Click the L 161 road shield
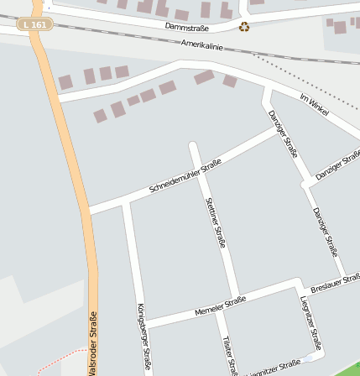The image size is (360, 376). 34,24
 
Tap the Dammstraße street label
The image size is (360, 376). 186,27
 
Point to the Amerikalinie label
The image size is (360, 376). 202,44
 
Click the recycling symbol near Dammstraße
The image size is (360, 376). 244,27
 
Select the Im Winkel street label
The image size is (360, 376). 314,104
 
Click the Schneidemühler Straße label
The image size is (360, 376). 185,175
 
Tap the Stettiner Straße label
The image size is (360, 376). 216,222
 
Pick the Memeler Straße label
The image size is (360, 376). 221,305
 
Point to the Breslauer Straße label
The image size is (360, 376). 335,283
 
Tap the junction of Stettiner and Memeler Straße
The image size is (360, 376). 237,300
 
